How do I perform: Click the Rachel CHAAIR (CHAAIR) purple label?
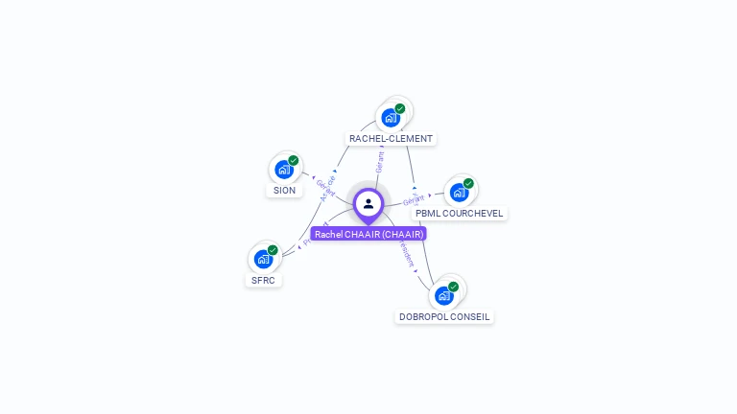coord(368,234)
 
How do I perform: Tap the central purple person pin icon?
coord(368,204)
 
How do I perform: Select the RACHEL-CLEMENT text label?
coord(391,139)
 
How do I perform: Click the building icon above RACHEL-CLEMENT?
coord(391,118)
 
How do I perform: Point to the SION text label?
coord(284,191)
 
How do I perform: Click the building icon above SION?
coord(284,170)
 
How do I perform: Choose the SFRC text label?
coord(263,281)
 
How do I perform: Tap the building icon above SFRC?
coord(263,259)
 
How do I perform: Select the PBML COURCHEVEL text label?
coord(460,214)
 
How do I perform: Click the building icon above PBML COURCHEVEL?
coord(459,192)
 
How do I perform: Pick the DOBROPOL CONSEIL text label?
coord(444,317)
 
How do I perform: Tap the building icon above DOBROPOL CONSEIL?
coord(443,295)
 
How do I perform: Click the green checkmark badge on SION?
coord(294,161)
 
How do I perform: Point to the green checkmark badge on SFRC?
coord(273,250)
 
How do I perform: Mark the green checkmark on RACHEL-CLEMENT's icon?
coord(400,109)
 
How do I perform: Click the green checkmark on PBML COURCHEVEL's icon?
coord(468,183)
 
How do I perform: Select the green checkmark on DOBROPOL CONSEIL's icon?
coord(453,287)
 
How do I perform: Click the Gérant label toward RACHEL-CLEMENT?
coord(380,161)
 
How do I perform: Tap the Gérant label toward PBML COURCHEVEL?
coord(414,200)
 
